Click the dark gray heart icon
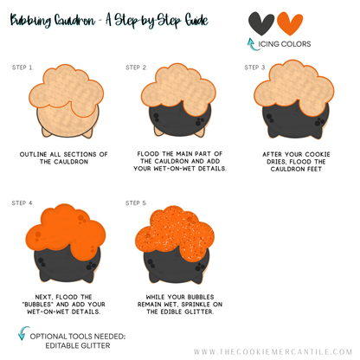click(261, 22)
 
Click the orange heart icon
click(290, 22)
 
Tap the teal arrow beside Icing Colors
click(252, 44)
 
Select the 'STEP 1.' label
click(22, 67)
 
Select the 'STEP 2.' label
click(137, 67)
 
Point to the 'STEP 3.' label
click(255, 67)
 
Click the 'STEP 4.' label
click(22, 203)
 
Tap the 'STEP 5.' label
click(137, 203)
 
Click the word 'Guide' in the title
click(196, 20)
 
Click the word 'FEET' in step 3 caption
click(314, 169)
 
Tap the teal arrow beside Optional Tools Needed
click(23, 333)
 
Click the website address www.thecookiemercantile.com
click(273, 351)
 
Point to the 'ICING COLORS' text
click(285, 44)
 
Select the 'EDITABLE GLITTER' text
click(78, 345)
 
